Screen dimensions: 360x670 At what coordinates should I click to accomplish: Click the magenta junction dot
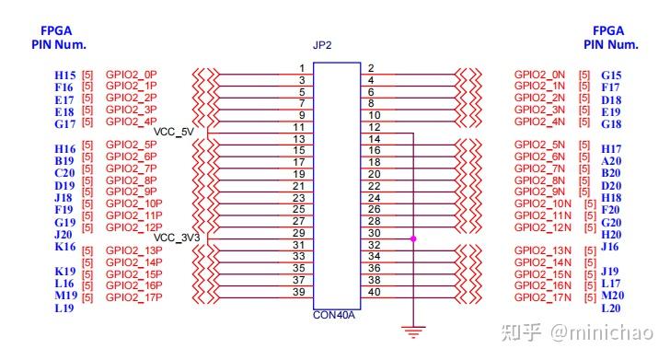414,238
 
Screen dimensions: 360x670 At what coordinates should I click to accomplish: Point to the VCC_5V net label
176,132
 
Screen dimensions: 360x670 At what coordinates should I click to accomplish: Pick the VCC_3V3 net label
176,238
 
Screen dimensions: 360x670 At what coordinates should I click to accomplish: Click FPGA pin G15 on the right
611,75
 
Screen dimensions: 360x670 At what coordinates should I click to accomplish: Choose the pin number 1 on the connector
301,69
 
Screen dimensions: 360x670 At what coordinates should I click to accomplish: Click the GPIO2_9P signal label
132,192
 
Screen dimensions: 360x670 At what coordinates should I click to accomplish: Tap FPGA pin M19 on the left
65,296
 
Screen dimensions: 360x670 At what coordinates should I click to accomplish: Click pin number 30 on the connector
374,234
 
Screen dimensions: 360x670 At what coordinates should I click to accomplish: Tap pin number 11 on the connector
298,127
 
